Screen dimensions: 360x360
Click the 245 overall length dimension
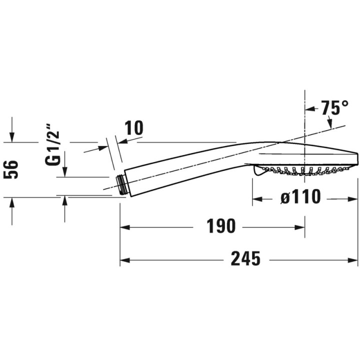245,258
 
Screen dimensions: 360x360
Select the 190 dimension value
221,226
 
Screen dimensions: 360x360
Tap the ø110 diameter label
300,197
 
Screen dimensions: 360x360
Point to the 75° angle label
334,107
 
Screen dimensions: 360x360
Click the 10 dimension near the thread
134,127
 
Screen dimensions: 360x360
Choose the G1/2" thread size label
52,145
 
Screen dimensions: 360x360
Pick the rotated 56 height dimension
11,169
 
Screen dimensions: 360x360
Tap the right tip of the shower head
357,158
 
